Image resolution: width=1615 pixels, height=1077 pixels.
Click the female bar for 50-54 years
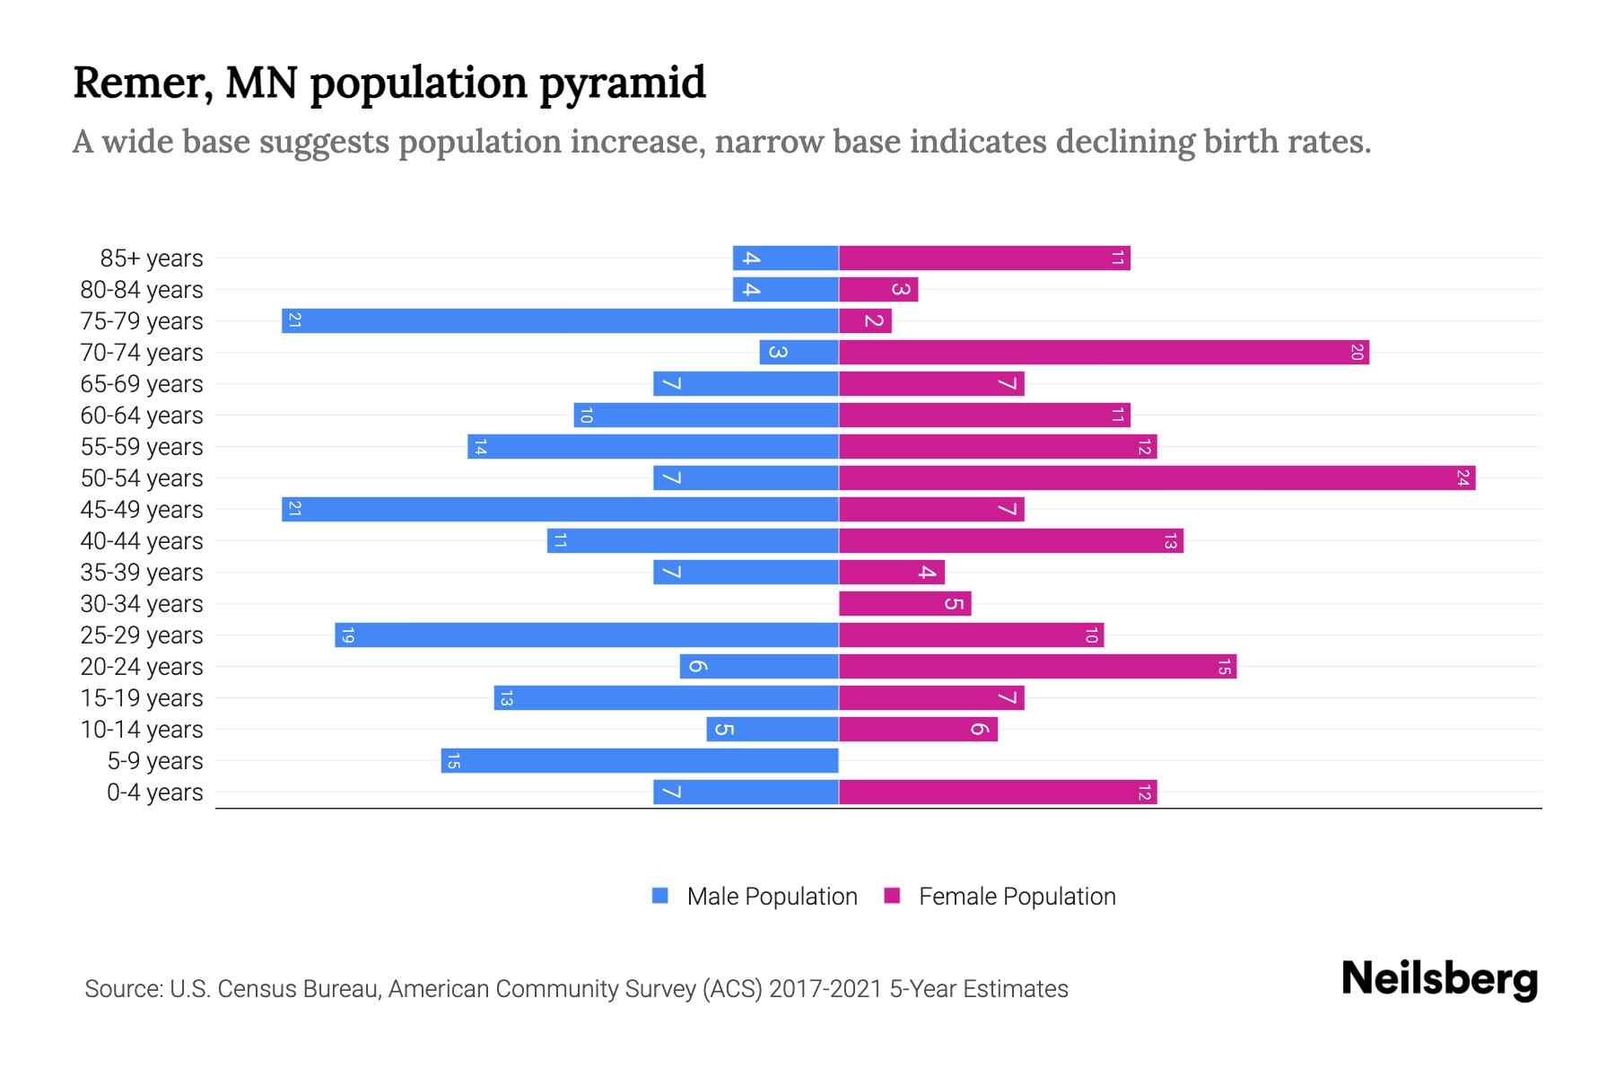coord(1157,478)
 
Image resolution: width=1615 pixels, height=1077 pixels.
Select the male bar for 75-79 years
coord(560,321)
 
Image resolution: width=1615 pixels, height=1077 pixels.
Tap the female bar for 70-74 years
coord(1104,353)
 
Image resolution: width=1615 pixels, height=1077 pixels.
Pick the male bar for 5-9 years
coord(640,761)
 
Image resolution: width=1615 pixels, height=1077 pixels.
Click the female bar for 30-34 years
coord(904,604)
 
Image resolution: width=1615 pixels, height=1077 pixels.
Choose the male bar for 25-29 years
coord(587,635)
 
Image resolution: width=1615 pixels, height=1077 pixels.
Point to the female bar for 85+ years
coord(984,258)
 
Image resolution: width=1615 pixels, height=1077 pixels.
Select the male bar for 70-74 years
coord(799,353)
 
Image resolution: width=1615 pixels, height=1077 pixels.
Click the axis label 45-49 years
coord(142,510)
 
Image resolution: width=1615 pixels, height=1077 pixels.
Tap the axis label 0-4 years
coord(154,792)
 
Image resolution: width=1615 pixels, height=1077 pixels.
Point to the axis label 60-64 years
coord(142,416)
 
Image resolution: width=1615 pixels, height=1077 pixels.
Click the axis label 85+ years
coord(152,258)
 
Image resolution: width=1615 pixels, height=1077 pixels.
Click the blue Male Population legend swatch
coord(660,896)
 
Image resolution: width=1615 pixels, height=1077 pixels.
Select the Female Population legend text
coord(1017,897)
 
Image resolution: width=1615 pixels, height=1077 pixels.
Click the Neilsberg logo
coord(1439,979)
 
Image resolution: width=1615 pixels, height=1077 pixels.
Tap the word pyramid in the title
coord(623,83)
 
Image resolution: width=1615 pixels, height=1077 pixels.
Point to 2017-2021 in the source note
coord(825,989)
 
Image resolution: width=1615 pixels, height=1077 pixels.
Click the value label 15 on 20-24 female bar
coord(1224,667)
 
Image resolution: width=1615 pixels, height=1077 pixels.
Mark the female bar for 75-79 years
coord(865,321)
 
